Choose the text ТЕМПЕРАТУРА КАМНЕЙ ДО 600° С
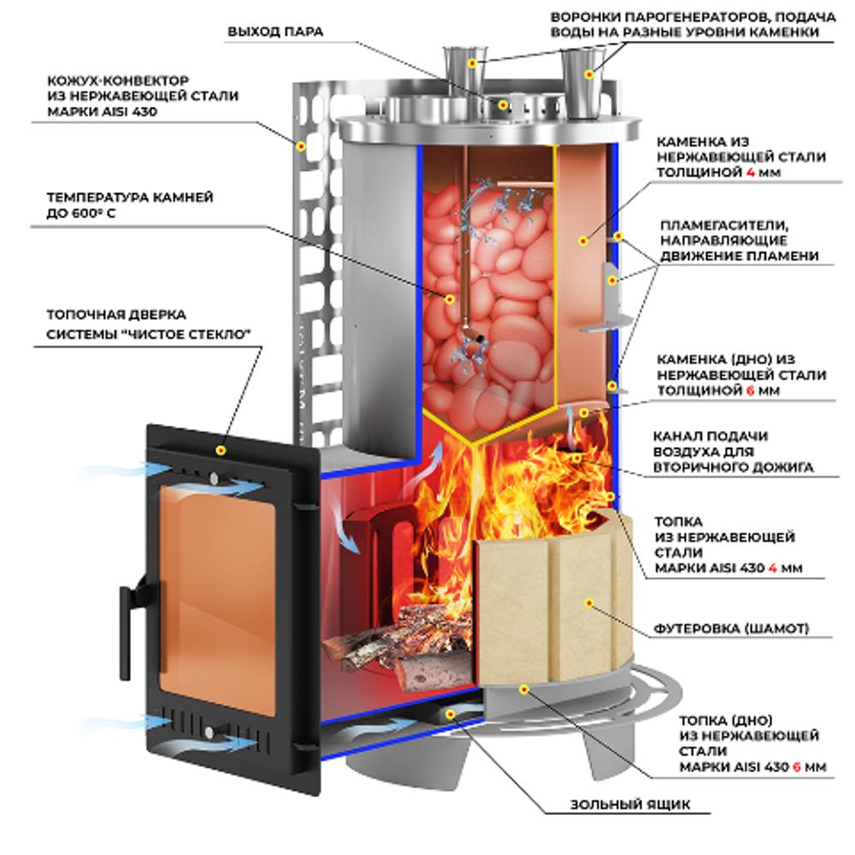(x=128, y=205)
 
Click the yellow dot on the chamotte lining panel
(x=590, y=604)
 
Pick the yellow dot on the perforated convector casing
(x=301, y=145)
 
